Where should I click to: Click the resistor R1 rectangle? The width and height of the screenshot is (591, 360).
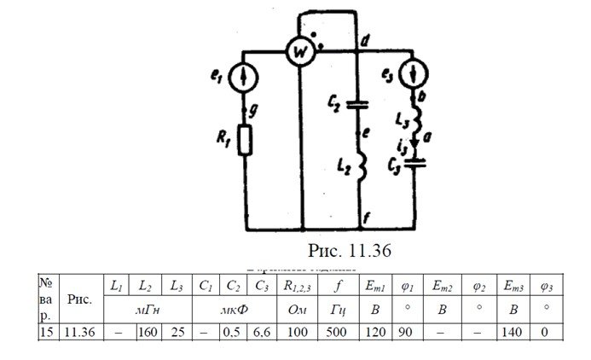point(245,142)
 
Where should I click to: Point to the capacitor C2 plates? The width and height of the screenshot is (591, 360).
point(356,105)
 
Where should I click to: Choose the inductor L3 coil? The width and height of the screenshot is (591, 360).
point(416,119)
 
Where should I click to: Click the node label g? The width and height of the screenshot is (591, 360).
point(253,108)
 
